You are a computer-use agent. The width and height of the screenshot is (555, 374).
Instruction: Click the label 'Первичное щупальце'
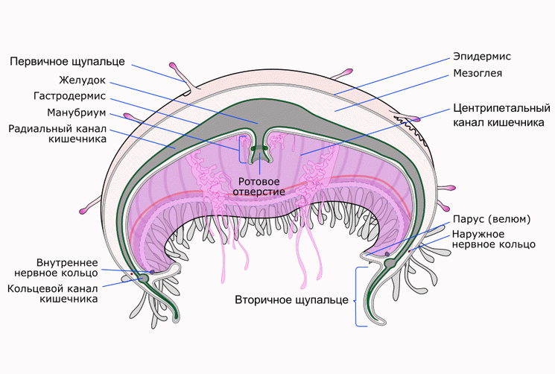(68, 60)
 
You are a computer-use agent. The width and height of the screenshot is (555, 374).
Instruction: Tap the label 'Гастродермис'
(80, 96)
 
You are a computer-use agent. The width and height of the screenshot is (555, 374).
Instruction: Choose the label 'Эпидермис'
(482, 56)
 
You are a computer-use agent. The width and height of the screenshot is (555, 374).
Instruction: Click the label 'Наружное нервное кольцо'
(493, 238)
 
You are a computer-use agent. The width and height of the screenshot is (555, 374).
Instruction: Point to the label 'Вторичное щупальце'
(291, 300)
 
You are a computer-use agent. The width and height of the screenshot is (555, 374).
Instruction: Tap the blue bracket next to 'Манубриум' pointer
(238, 148)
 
